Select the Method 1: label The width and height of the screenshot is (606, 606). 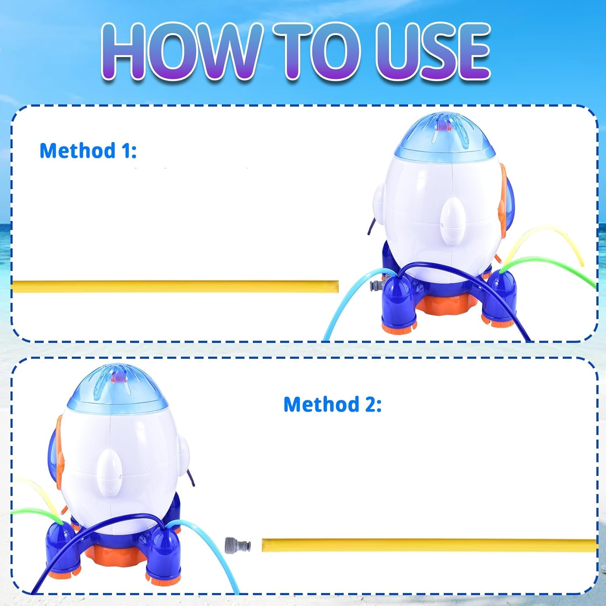pyautogui.click(x=88, y=151)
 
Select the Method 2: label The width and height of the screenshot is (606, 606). pyautogui.click(x=332, y=404)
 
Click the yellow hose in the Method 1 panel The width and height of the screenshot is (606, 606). pyautogui.click(x=174, y=286)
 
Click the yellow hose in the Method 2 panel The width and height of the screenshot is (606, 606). pyautogui.click(x=428, y=545)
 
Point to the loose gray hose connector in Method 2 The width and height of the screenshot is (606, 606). pyautogui.click(x=238, y=545)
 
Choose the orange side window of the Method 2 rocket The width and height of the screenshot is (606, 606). pyautogui.click(x=58, y=452)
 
